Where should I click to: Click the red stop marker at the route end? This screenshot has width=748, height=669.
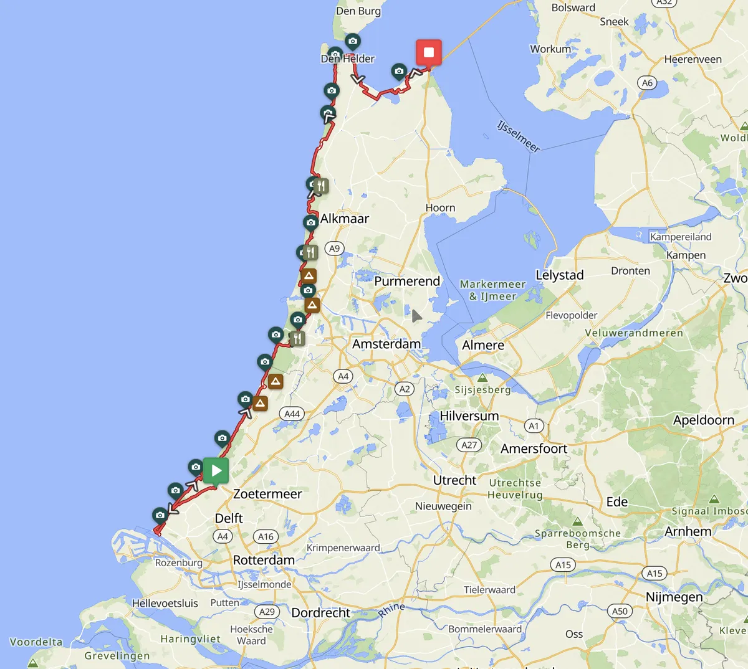(429, 52)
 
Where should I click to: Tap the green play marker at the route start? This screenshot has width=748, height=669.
(216, 470)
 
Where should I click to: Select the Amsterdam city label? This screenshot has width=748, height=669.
(386, 344)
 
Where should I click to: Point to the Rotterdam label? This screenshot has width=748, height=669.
(264, 560)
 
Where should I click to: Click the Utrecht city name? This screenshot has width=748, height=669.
(454, 480)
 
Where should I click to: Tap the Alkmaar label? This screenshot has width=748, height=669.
(344, 219)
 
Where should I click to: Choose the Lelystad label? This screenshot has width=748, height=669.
(559, 275)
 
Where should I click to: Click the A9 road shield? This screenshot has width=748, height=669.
(334, 249)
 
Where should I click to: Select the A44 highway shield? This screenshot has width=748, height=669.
(292, 414)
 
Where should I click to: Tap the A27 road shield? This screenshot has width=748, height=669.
(469, 445)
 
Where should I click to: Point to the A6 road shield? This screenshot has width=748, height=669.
(647, 83)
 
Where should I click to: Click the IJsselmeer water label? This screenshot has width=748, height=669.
(518, 136)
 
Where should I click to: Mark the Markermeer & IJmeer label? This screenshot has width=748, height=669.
(492, 290)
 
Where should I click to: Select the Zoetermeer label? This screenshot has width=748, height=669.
(267, 494)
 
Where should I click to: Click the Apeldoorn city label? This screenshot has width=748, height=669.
(703, 420)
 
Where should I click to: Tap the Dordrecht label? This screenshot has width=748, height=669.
(320, 613)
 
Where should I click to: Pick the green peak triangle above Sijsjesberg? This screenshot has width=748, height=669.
(482, 377)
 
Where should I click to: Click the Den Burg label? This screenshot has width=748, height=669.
(358, 11)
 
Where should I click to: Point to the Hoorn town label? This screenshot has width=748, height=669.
(440, 207)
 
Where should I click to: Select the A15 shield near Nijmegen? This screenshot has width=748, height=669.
(654, 574)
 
